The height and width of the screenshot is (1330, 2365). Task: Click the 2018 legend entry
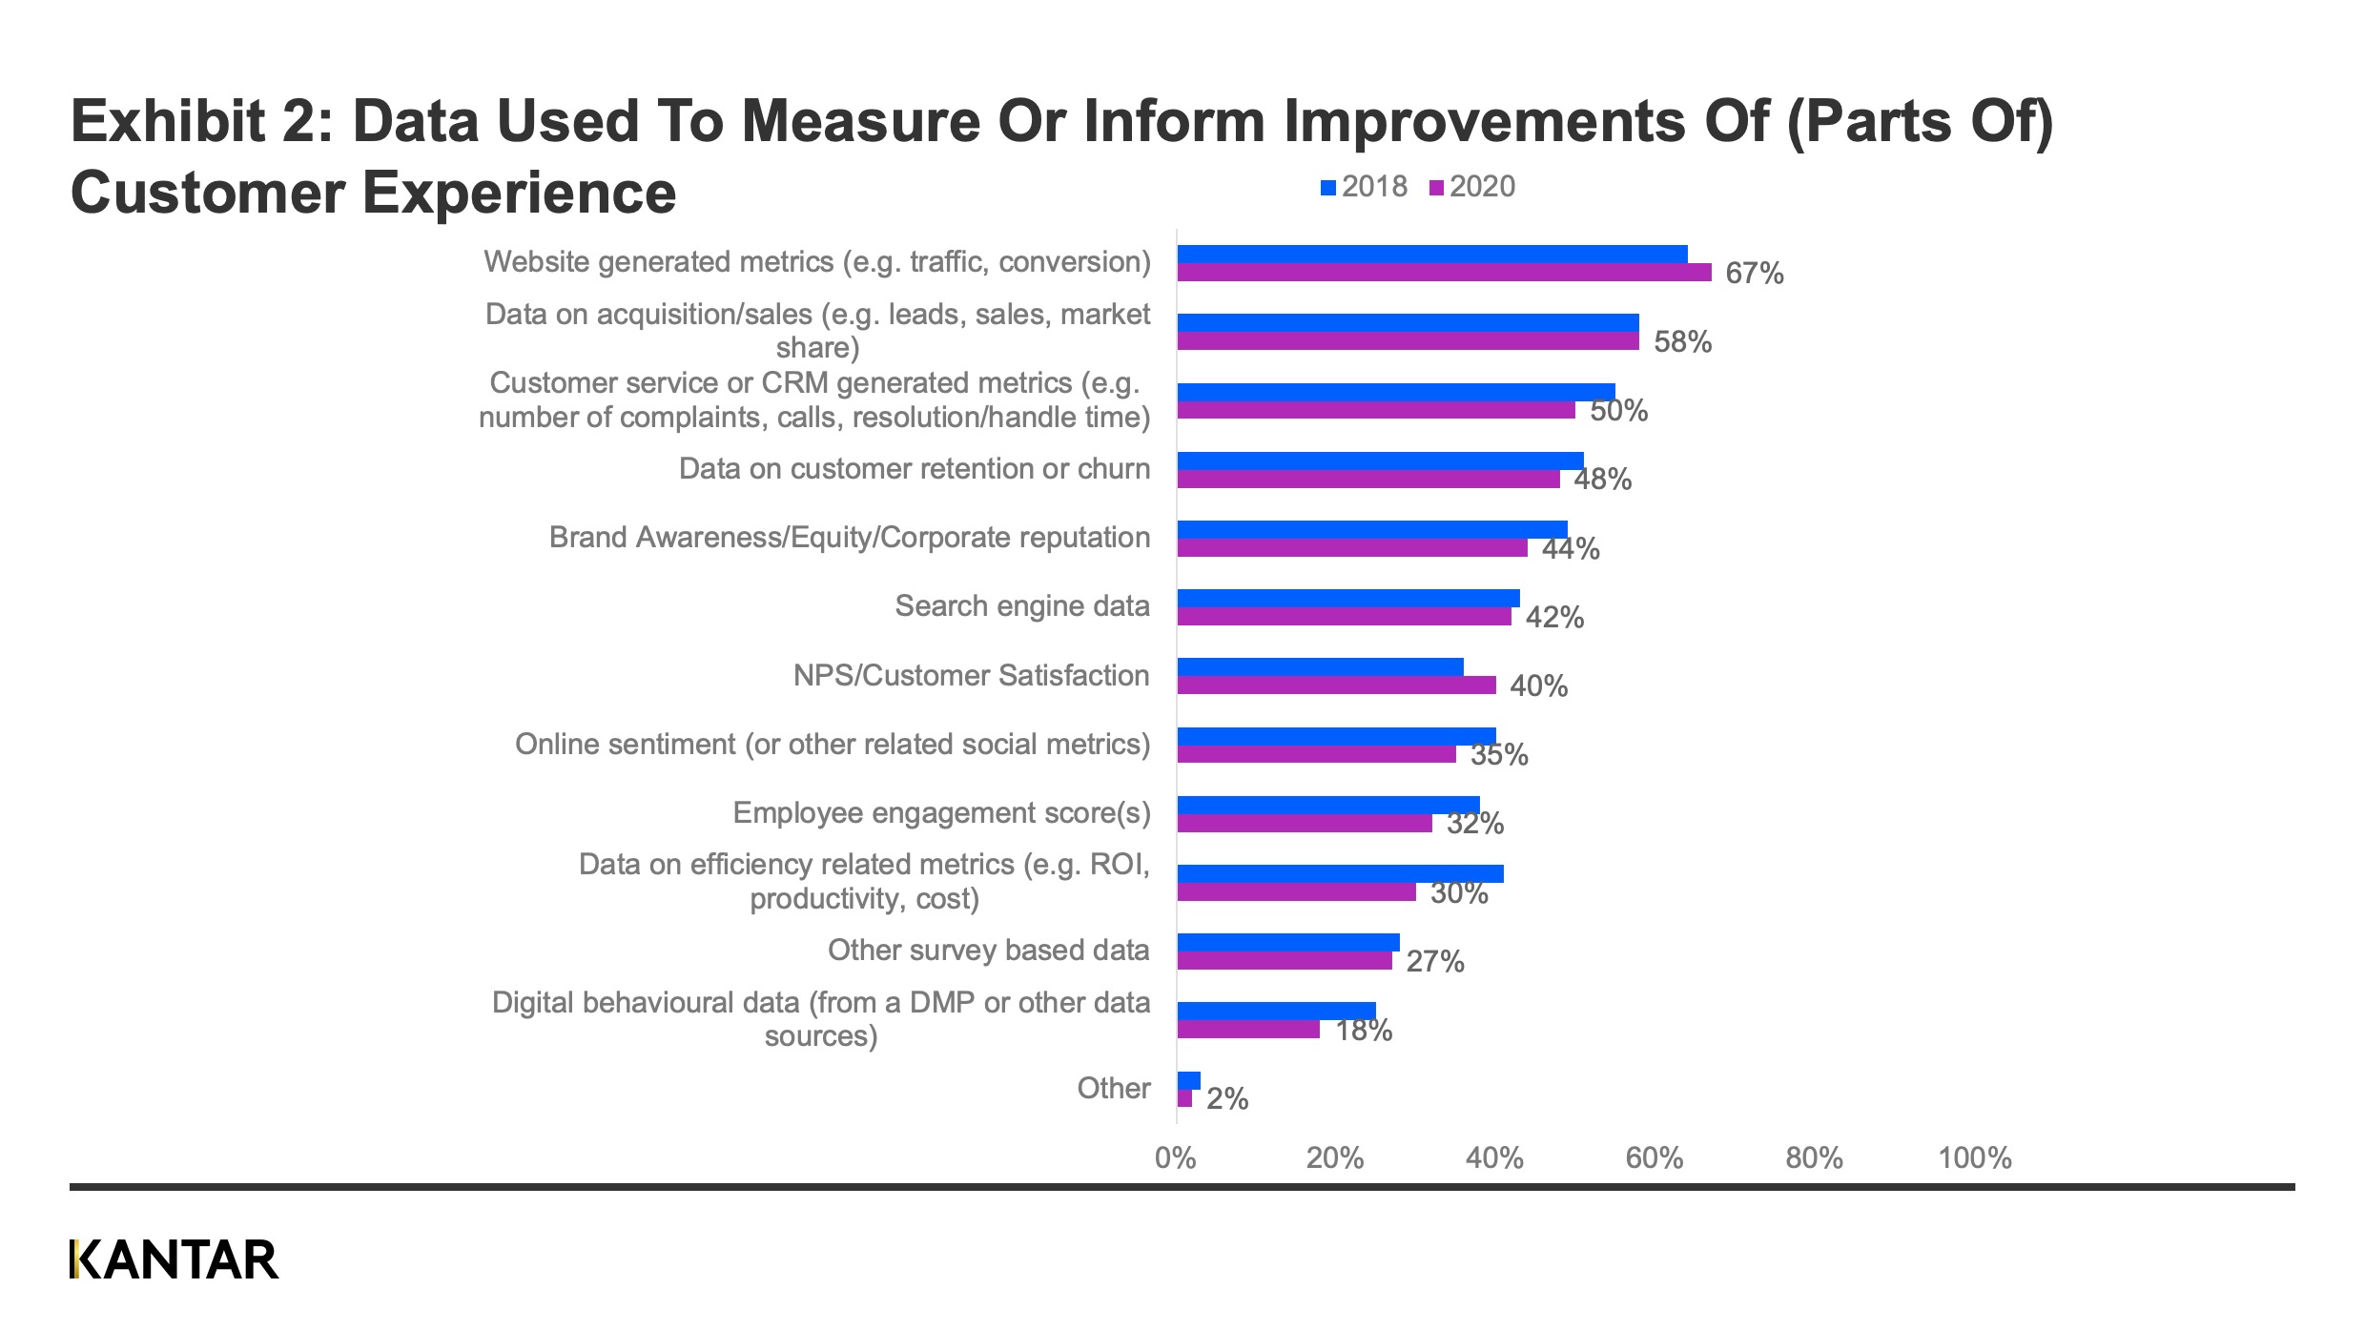click(x=1365, y=187)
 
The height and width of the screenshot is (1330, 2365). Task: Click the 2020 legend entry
click(x=1472, y=187)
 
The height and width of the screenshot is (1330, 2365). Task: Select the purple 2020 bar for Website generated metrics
click(x=1444, y=273)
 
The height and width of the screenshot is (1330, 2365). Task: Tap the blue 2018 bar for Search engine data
click(x=1347, y=598)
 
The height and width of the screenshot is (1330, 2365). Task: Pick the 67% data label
click(x=1754, y=274)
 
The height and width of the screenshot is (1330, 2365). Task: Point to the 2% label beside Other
click(x=1226, y=1099)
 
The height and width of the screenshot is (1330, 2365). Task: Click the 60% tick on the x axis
click(x=1654, y=1157)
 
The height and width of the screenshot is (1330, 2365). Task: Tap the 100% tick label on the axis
click(x=1974, y=1157)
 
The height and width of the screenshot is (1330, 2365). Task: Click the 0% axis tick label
click(x=1175, y=1157)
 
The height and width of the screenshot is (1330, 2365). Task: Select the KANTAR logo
click(x=174, y=1259)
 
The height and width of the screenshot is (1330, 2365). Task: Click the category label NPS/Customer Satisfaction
click(x=971, y=675)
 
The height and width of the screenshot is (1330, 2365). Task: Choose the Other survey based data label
click(x=988, y=950)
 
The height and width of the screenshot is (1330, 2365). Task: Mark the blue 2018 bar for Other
click(x=1188, y=1080)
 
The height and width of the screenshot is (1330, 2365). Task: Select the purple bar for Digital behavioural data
click(x=1248, y=1030)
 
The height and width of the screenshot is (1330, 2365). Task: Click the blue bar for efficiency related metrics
click(x=1340, y=873)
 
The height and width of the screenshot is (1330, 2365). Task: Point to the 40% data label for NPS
click(x=1538, y=685)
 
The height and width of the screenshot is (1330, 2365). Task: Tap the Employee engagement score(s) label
click(x=941, y=812)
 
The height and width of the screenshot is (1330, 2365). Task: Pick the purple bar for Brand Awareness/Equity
click(x=1351, y=548)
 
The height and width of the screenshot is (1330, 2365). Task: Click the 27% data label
click(x=1434, y=961)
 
